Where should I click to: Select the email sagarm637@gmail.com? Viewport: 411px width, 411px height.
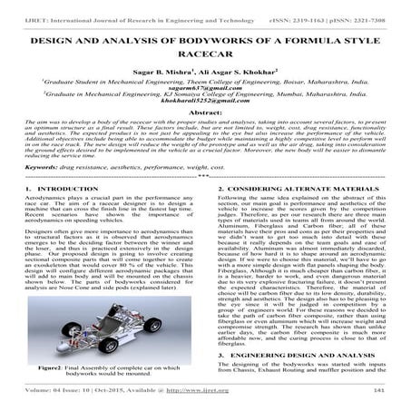click(x=205, y=86)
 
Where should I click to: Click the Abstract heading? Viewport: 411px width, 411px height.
click(x=205, y=114)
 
